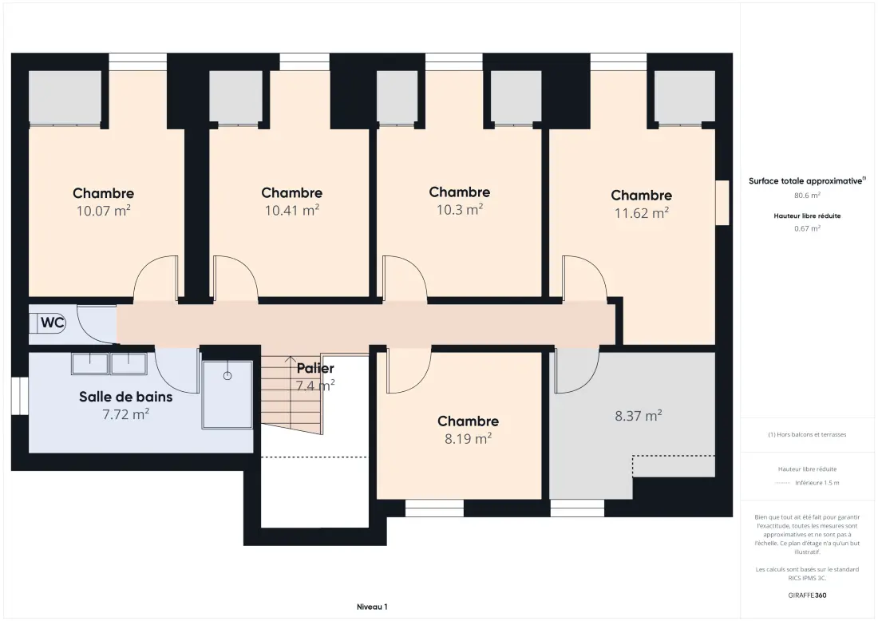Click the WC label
pyautogui.click(x=53, y=323)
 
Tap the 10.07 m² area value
pyautogui.click(x=104, y=211)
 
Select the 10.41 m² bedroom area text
pyautogui.click(x=291, y=210)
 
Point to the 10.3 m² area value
pyautogui.click(x=460, y=209)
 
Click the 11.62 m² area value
pyautogui.click(x=642, y=213)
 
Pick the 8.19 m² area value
pyautogui.click(x=468, y=438)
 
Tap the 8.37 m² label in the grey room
pyautogui.click(x=639, y=416)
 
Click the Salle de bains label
pyautogui.click(x=125, y=397)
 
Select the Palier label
pyautogui.click(x=315, y=369)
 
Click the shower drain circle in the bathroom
pyautogui.click(x=227, y=376)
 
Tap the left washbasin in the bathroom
pyautogui.click(x=89, y=363)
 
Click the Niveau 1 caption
pyautogui.click(x=372, y=607)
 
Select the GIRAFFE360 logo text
pyautogui.click(x=807, y=595)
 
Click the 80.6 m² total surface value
pyautogui.click(x=807, y=196)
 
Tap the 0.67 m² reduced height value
pyautogui.click(x=807, y=228)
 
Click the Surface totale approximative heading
pyautogui.click(x=805, y=181)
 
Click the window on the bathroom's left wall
pyautogui.click(x=20, y=396)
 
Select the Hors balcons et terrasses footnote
pyautogui.click(x=807, y=434)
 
